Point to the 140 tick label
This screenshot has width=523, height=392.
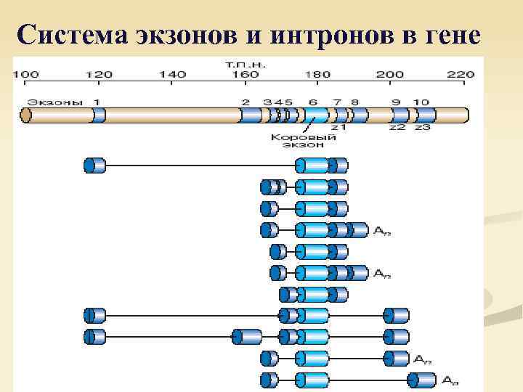[x=172, y=75]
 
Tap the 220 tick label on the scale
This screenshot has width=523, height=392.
[x=460, y=75]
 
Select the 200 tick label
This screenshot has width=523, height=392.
[x=389, y=75]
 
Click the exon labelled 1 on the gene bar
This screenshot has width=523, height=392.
[x=99, y=115]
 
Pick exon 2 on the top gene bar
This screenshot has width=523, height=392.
[x=250, y=115]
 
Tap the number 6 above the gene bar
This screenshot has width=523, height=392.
[x=313, y=102]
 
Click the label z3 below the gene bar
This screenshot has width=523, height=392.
[x=423, y=127]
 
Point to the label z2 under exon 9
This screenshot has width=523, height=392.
[x=397, y=127]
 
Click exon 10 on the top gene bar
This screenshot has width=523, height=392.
[x=424, y=115]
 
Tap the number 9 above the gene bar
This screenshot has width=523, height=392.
[x=396, y=102]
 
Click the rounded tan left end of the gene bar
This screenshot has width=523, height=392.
[x=27, y=115]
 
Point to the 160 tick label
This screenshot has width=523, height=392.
[x=246, y=75]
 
